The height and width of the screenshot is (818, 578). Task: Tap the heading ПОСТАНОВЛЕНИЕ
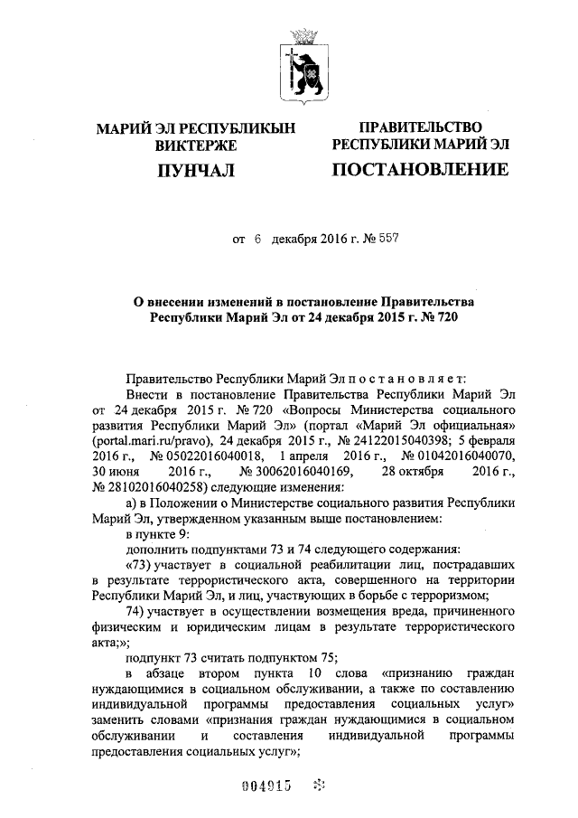[x=420, y=169]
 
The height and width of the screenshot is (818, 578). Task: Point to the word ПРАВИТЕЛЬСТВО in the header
[x=420, y=127]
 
